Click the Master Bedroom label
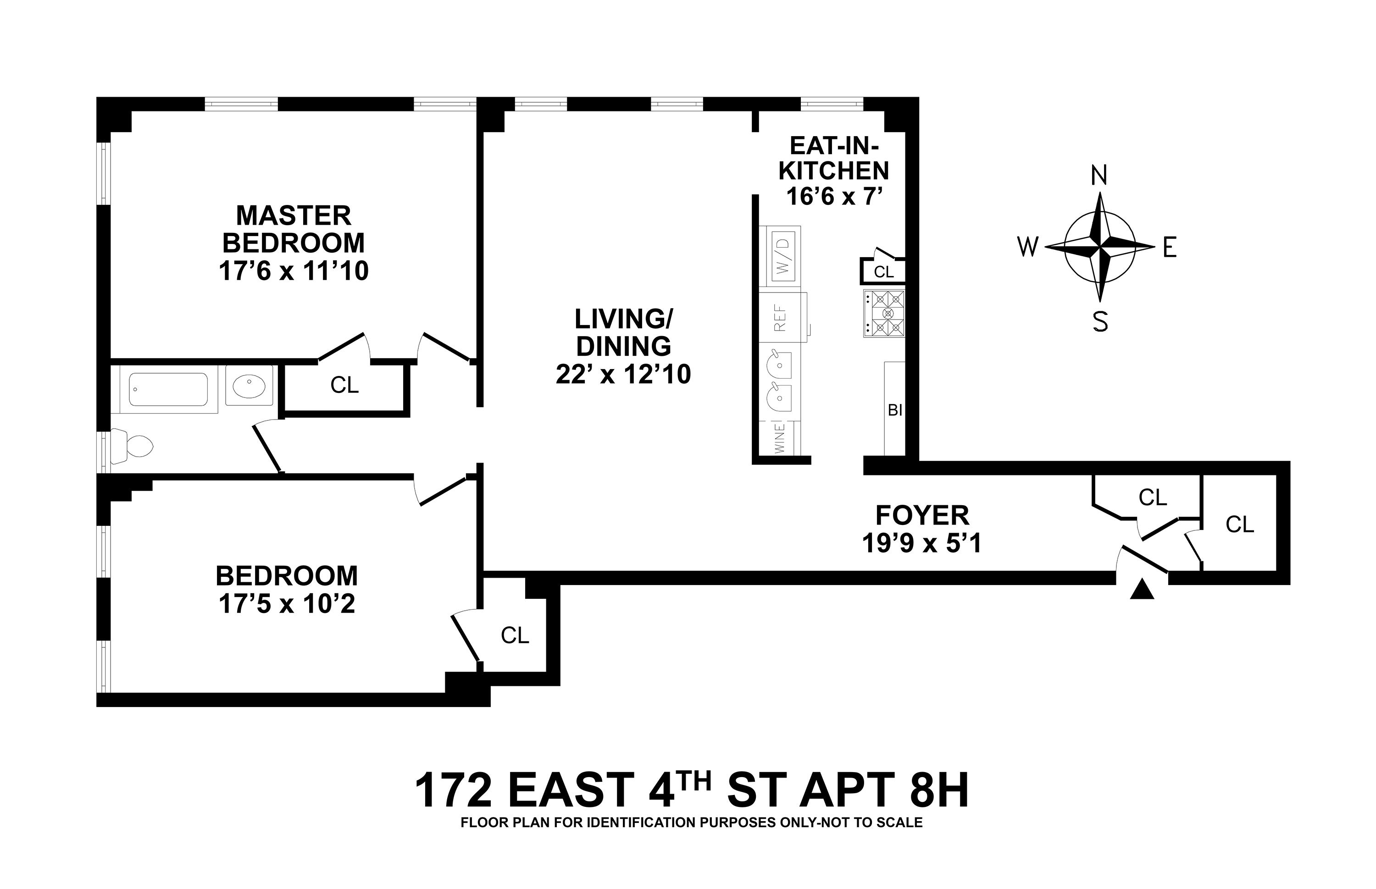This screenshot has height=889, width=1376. pos(294,229)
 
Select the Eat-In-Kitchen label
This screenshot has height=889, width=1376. pos(834,158)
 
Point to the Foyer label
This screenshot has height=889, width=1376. pos(922,515)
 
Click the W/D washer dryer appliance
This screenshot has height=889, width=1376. pos(783,256)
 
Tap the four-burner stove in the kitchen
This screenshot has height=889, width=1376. pos(884,314)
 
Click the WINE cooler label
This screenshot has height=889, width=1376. pos(780,438)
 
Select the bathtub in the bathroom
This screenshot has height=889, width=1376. pos(168,390)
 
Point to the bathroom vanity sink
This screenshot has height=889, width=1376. pos(249,385)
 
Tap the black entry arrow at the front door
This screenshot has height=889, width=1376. pos(1142,590)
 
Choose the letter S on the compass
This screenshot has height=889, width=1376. pos(1100,321)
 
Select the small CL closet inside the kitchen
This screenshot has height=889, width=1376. pos(883,272)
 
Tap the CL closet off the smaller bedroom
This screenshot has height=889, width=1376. pos(515,635)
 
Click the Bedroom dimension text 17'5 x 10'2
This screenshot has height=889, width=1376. pos(287,604)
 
